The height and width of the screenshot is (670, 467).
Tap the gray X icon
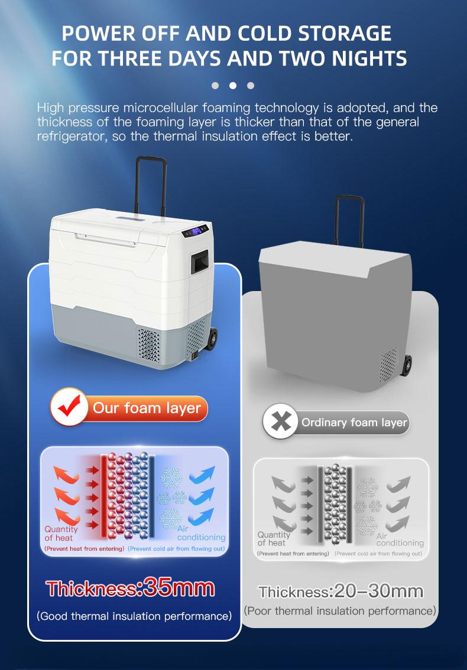point(280,423)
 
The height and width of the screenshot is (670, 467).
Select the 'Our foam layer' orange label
point(147,408)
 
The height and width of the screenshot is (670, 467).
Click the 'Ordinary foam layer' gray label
point(354,423)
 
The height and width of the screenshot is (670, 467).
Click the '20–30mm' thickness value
point(378,591)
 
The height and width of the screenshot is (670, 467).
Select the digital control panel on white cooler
point(196,231)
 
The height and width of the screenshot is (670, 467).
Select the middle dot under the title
point(233,86)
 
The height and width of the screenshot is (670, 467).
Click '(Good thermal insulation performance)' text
point(134,616)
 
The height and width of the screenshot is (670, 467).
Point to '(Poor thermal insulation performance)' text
point(340,610)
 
